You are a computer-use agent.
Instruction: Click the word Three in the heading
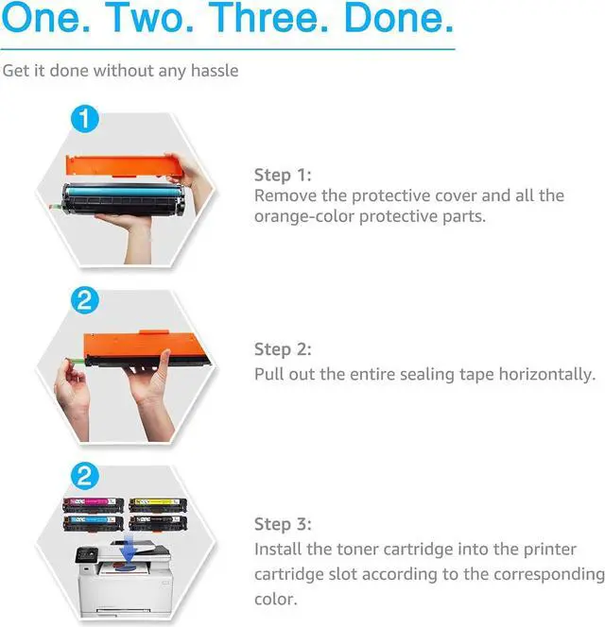click(x=268, y=18)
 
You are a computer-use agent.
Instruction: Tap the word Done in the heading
click(x=398, y=18)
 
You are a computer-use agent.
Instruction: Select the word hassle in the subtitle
click(x=215, y=71)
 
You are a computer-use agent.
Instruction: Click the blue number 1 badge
click(x=84, y=119)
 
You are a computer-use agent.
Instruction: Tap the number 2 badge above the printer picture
click(x=84, y=476)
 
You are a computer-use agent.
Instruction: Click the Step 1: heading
click(x=283, y=175)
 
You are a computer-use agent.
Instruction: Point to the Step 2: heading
click(x=283, y=349)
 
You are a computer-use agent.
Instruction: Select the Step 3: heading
click(x=283, y=524)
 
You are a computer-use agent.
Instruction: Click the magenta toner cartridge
click(x=93, y=504)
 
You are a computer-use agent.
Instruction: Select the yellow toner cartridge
click(x=158, y=504)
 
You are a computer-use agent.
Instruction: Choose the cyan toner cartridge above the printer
click(x=93, y=522)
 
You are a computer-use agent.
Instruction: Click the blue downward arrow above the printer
click(x=129, y=549)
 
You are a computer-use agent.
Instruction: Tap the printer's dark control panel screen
click(x=87, y=554)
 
